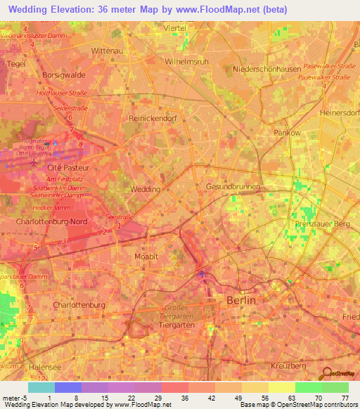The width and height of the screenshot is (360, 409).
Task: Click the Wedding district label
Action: pos(146,190)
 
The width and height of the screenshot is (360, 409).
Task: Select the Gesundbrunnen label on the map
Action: pos(232,187)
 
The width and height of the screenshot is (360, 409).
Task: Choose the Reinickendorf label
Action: pos(153,119)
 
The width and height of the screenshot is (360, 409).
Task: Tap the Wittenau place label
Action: pos(108,51)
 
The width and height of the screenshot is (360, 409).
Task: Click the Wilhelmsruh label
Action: pos(186,61)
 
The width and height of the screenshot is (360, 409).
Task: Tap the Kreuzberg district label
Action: pos(289,367)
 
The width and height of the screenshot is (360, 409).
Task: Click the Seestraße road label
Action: pos(120,216)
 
